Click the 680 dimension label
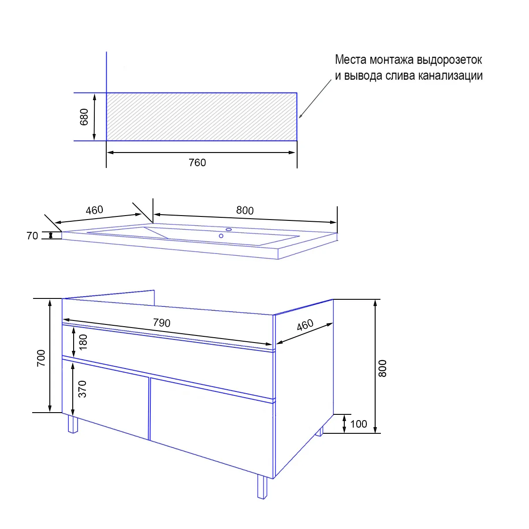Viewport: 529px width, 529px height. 84,117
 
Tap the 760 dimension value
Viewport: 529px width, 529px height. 197,163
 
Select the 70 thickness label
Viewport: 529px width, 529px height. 32,236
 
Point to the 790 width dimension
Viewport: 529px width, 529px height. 162,323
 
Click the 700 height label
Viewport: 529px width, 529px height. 41,358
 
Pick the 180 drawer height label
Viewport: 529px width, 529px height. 83,342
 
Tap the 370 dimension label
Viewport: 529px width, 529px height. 82,389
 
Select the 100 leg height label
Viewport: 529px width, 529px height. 358,424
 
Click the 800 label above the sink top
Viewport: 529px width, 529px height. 245,211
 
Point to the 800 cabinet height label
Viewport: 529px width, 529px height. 382,369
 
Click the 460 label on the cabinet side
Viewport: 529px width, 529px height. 305,325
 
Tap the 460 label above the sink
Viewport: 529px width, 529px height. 94,210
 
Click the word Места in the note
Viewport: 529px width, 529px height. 350,60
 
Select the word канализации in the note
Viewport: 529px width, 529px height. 450,76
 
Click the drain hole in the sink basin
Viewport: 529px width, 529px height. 221,236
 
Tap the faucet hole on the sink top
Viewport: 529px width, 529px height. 229,230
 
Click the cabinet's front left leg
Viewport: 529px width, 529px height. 73,424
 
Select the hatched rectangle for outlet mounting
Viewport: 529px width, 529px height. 201,117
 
